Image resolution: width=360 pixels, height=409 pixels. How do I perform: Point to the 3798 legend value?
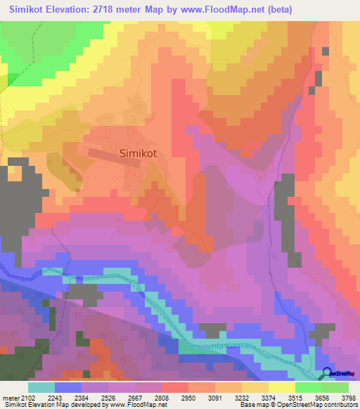coord(349,398)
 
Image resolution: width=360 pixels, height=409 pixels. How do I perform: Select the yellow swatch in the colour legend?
coord(282,387)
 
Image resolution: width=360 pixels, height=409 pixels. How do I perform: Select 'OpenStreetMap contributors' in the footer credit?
coord(317,405)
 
